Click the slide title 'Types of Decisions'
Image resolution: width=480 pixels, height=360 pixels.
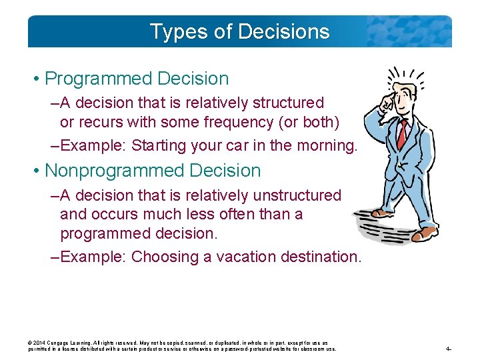point(239,31)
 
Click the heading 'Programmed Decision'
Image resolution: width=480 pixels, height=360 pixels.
point(136,79)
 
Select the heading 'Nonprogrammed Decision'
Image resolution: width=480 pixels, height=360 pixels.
point(153,171)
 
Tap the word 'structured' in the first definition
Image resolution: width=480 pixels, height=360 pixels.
point(287,103)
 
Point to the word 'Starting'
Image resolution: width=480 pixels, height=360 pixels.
point(157,145)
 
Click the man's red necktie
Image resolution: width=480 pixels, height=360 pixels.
point(401,134)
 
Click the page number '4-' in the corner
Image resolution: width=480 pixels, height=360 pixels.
point(449,349)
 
